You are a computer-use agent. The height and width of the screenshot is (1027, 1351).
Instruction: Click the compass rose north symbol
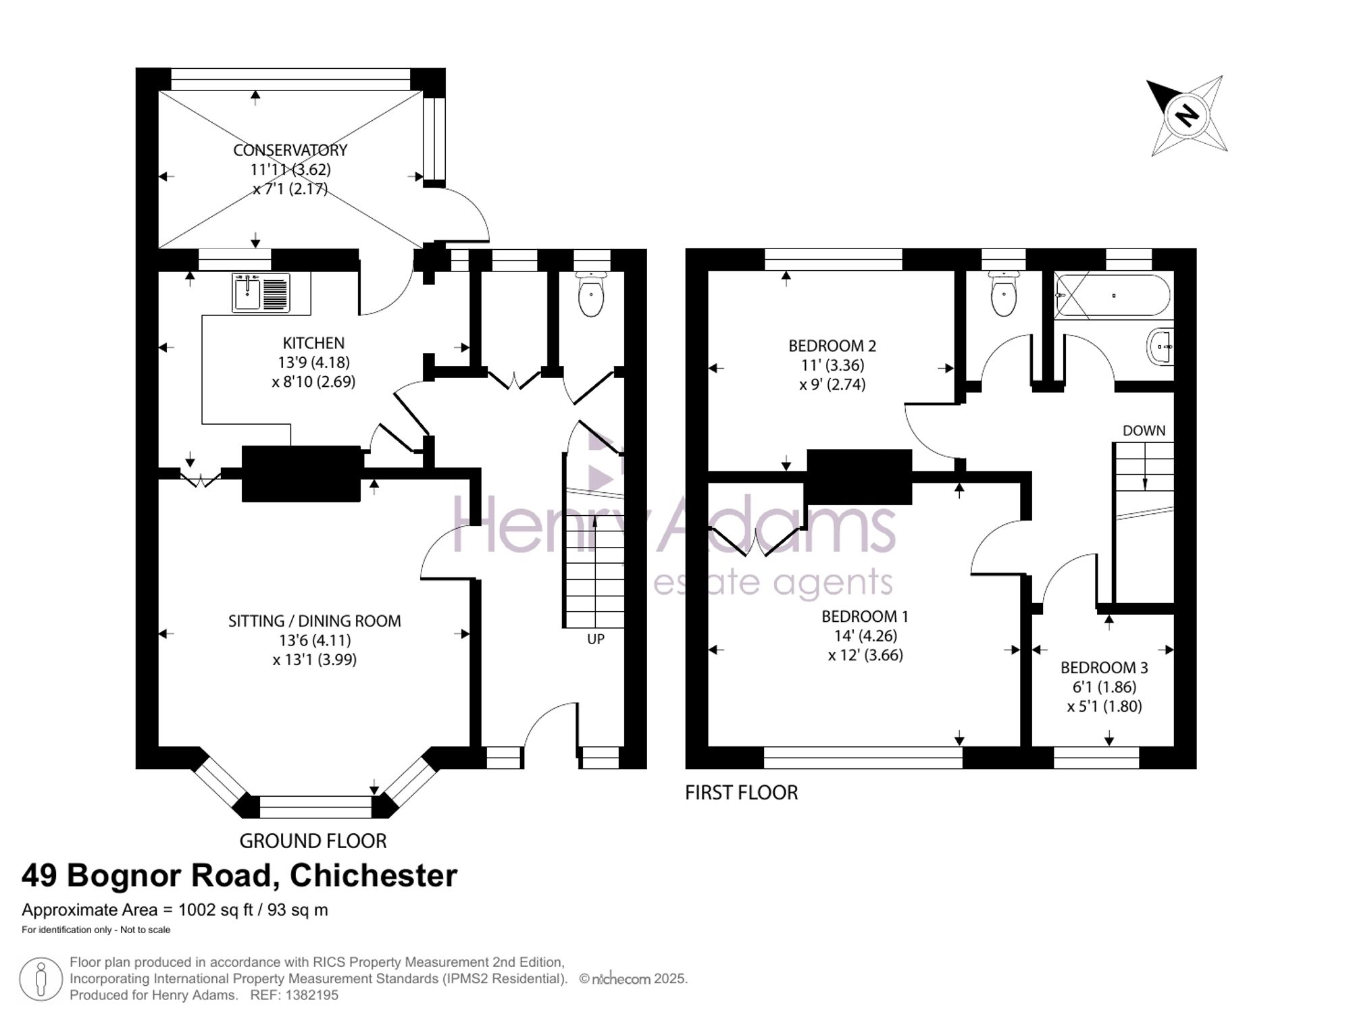[x=1188, y=115]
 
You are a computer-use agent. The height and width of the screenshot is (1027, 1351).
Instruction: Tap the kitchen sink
[x=261, y=292]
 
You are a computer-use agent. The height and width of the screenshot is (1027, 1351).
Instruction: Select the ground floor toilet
[x=591, y=294]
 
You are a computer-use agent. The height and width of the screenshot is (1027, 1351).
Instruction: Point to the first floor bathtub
[x=1113, y=296]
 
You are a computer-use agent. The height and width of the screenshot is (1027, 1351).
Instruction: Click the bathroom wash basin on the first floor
[x=1160, y=347]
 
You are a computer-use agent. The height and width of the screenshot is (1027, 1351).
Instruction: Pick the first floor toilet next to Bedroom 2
[x=1004, y=294]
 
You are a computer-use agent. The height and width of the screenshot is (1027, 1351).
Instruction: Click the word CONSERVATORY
[x=290, y=150]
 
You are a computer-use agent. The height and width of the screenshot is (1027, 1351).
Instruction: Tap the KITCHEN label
[x=313, y=343]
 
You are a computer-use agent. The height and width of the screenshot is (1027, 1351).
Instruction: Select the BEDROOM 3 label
[x=1104, y=668]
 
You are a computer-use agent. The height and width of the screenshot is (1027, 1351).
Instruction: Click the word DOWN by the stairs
[x=1144, y=431]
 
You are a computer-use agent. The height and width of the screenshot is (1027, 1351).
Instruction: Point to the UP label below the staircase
[x=596, y=639]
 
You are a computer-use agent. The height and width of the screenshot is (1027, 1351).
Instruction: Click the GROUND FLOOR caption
[x=313, y=841]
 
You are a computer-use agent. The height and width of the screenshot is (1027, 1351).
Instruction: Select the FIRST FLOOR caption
[x=742, y=792]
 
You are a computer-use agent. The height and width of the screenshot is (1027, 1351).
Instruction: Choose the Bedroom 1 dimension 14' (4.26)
[x=866, y=636]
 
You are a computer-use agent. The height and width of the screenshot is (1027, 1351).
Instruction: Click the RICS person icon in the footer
[x=41, y=979]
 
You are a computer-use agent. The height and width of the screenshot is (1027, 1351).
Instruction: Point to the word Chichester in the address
[x=374, y=876]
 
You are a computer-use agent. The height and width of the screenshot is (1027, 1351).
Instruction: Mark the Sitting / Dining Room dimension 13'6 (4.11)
[x=315, y=640]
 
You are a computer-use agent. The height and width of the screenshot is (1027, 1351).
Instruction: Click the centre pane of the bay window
[x=315, y=807]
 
